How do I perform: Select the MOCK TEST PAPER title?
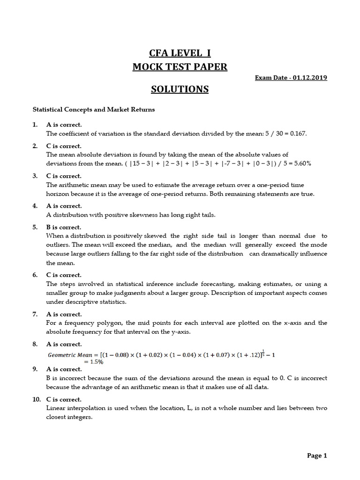180,67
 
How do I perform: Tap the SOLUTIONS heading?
180,89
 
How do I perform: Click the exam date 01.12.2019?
310,77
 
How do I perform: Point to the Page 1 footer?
317,455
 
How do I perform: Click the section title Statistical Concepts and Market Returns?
93,110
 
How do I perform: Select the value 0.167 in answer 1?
297,134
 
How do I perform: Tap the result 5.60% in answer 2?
300,164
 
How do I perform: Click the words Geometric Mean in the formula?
70,355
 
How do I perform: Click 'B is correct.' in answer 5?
64,227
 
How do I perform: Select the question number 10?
37,399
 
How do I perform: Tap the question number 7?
35,314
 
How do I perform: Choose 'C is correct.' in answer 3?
64,176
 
